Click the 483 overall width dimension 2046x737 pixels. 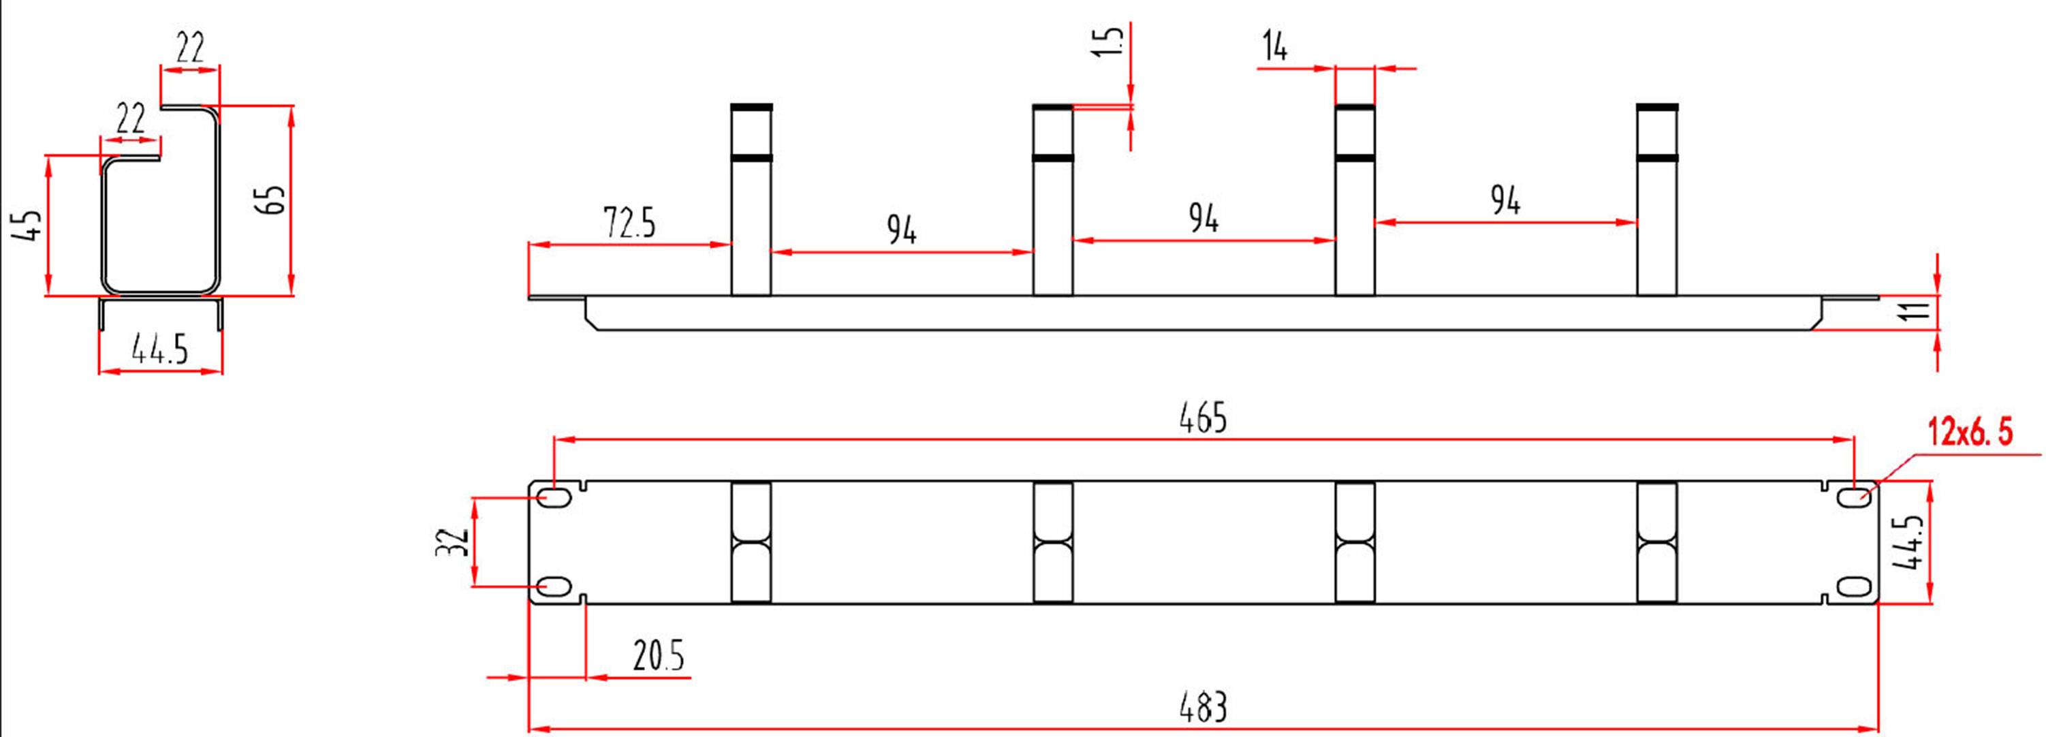(x=1203, y=707)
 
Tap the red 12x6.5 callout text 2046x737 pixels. (x=1970, y=434)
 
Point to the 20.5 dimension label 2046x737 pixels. (x=658, y=656)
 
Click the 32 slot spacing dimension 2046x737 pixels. (x=453, y=542)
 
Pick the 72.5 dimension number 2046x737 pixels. (x=629, y=223)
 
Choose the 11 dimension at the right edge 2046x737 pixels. (x=1918, y=311)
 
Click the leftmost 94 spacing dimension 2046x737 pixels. (x=902, y=230)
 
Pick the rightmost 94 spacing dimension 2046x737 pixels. (x=1505, y=200)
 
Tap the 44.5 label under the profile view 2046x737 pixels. (x=159, y=349)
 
